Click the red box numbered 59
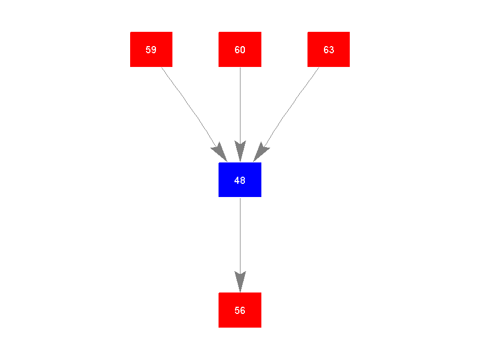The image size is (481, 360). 151,49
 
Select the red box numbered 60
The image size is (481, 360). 240,49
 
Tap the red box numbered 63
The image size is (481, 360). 328,49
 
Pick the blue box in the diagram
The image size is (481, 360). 240,179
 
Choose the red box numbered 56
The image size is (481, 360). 240,310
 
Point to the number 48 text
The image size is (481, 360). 240,180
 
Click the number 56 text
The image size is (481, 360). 240,311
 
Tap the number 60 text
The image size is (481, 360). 240,50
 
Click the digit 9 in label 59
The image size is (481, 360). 154,50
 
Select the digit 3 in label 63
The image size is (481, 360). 331,50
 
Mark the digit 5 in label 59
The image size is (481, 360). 148,50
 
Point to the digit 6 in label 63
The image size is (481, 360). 326,50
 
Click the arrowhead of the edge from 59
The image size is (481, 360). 220,153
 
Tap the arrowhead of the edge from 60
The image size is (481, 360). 240,151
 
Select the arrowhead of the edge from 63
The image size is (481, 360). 260,153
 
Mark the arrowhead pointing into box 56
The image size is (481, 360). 240,282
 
